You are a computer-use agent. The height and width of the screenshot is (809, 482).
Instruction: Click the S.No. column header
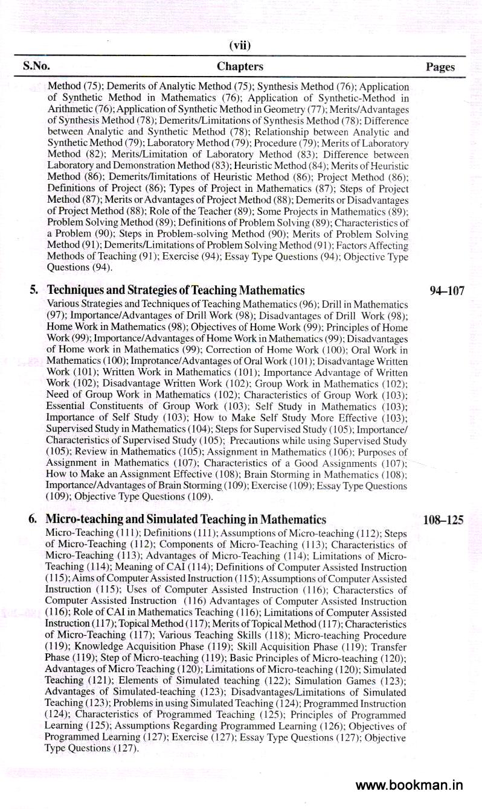tap(36, 66)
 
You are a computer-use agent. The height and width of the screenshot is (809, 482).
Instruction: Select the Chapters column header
tap(240, 66)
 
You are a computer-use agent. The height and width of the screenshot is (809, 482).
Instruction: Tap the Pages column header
tap(440, 67)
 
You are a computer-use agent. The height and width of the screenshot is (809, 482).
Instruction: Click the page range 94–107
tap(447, 291)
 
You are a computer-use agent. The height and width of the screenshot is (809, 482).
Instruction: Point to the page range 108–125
tap(443, 519)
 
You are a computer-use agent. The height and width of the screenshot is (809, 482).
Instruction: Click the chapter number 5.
tap(34, 290)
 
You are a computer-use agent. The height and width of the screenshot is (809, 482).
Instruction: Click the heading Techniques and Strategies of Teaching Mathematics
tap(176, 290)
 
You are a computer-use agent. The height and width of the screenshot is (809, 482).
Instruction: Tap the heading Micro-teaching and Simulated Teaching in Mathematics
tap(186, 519)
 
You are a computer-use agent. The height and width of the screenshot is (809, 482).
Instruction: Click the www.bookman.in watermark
tap(409, 785)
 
